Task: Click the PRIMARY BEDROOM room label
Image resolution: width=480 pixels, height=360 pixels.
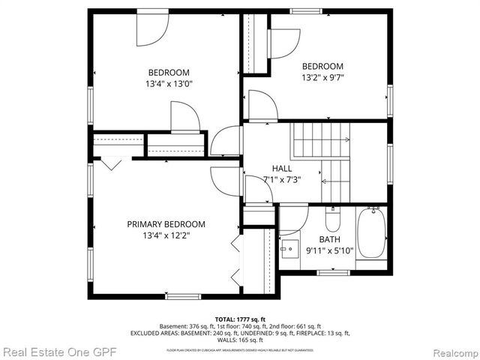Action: click(x=166, y=224)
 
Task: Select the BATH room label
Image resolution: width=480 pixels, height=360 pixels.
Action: click(x=329, y=240)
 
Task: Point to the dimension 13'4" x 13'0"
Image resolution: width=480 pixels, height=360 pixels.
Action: click(x=168, y=85)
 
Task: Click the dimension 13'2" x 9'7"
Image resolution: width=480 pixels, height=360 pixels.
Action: click(x=322, y=77)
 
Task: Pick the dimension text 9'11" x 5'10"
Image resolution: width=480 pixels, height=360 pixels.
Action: click(x=330, y=251)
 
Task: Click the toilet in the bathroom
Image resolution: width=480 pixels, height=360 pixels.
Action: click(x=332, y=219)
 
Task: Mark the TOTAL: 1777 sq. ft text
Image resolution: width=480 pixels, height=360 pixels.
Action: click(x=239, y=319)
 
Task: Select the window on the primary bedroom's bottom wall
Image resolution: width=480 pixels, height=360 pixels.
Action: click(x=183, y=296)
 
